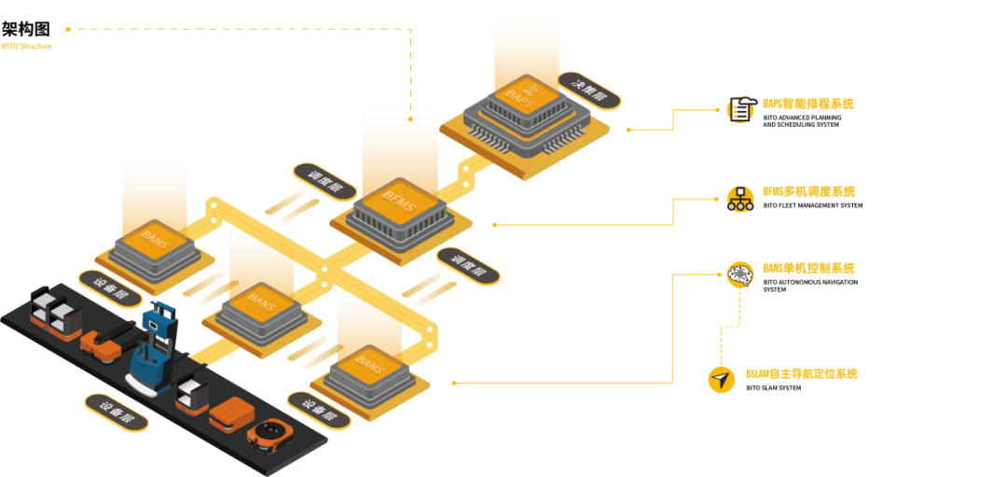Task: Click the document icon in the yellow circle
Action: tap(740, 109)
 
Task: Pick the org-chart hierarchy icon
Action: tap(740, 198)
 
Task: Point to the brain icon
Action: tap(740, 274)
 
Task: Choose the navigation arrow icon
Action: tap(721, 379)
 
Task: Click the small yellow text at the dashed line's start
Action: tap(26, 45)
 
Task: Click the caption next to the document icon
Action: tap(807, 104)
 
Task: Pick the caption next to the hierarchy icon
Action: tap(807, 191)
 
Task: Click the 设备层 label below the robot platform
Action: tap(117, 413)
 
